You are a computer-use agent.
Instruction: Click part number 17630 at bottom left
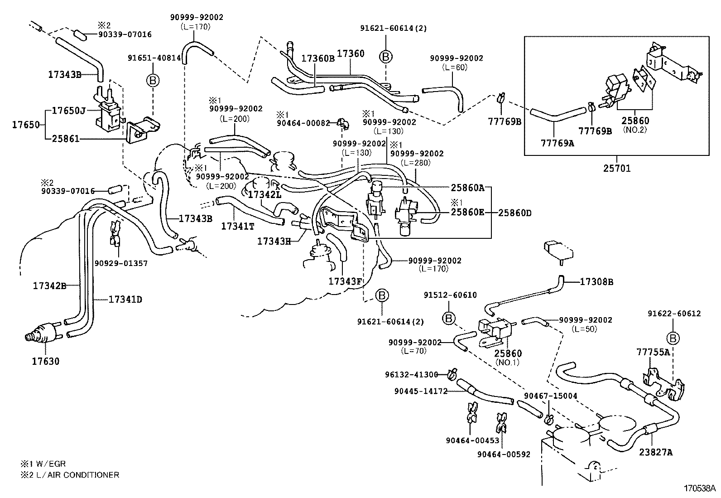pos(45,362)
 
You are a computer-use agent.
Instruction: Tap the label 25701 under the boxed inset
pos(616,169)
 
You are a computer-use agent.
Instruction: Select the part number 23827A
pos(656,452)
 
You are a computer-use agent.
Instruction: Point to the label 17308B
pos(596,282)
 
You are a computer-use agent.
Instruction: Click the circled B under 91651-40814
pos(153,80)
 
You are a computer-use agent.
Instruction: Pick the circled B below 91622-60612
pos(673,338)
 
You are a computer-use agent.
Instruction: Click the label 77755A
pos(653,352)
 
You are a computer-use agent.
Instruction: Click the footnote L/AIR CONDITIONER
pos(75,475)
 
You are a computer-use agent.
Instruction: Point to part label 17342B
pos(49,286)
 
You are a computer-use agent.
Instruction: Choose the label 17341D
pos(125,300)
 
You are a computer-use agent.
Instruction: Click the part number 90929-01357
pos(121,263)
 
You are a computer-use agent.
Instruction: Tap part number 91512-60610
pos(450,295)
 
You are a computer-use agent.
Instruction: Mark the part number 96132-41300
pos(411,375)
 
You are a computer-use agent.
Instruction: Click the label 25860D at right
pos(514,212)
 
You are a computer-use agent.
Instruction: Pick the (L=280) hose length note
pos(416,163)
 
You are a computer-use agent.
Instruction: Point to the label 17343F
pos(345,281)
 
